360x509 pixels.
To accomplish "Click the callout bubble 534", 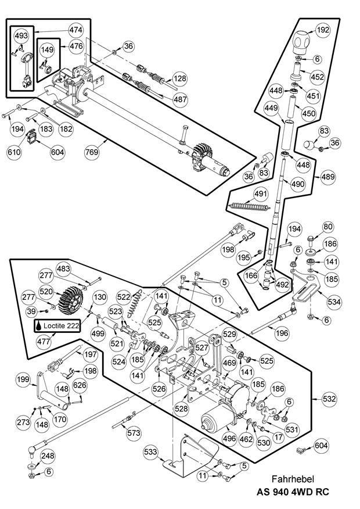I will click(334, 302).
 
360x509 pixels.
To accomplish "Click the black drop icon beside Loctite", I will click(39, 327).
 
